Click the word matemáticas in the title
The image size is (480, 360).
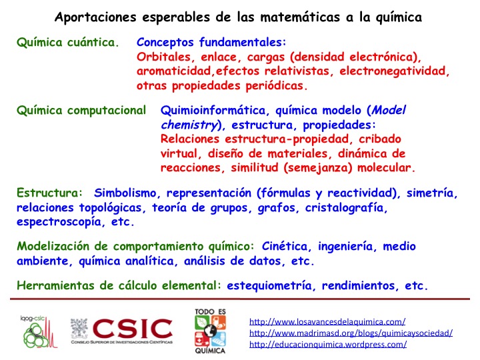coord(300,17)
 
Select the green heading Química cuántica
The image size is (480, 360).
coord(67,42)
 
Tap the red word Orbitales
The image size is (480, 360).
coord(164,57)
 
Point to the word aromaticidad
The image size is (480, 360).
coord(174,71)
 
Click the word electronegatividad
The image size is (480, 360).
coord(394,71)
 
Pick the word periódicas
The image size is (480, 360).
coord(277,86)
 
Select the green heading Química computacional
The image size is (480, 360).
coord(81,111)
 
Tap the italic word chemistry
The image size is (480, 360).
coord(189,125)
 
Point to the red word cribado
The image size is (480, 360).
coord(380,139)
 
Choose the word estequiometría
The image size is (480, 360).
coord(269,285)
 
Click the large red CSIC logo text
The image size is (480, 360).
coord(133,329)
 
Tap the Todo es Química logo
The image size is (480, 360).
coord(210,331)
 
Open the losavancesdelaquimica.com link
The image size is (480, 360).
coord(327,322)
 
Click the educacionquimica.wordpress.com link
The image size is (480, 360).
coord(328,345)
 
